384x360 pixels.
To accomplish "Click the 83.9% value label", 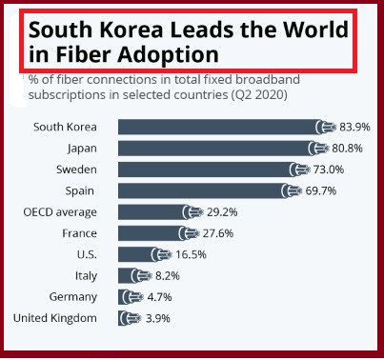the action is pyautogui.click(x=354, y=127).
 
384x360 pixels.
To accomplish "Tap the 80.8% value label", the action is pyautogui.click(x=347, y=149).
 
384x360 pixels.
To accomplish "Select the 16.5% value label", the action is pyautogui.click(x=191, y=254).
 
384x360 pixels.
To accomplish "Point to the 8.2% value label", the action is pyautogui.click(x=168, y=276).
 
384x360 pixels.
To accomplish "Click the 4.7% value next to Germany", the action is pyautogui.click(x=159, y=297).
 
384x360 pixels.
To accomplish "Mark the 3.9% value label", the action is pyautogui.click(x=158, y=318).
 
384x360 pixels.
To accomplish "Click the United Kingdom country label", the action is pyautogui.click(x=55, y=318).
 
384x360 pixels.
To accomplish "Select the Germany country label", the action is pyautogui.click(x=73, y=297).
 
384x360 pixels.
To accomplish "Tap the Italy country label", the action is pyautogui.click(x=86, y=276).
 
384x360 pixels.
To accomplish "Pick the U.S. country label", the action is pyautogui.click(x=87, y=254).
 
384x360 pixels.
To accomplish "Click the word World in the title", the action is pyautogui.click(x=315, y=30).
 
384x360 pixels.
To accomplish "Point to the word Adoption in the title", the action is pyautogui.click(x=168, y=55).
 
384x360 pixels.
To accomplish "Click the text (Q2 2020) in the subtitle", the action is pyautogui.click(x=257, y=95).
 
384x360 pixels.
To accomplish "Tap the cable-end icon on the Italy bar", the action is pyautogui.click(x=140, y=276).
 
